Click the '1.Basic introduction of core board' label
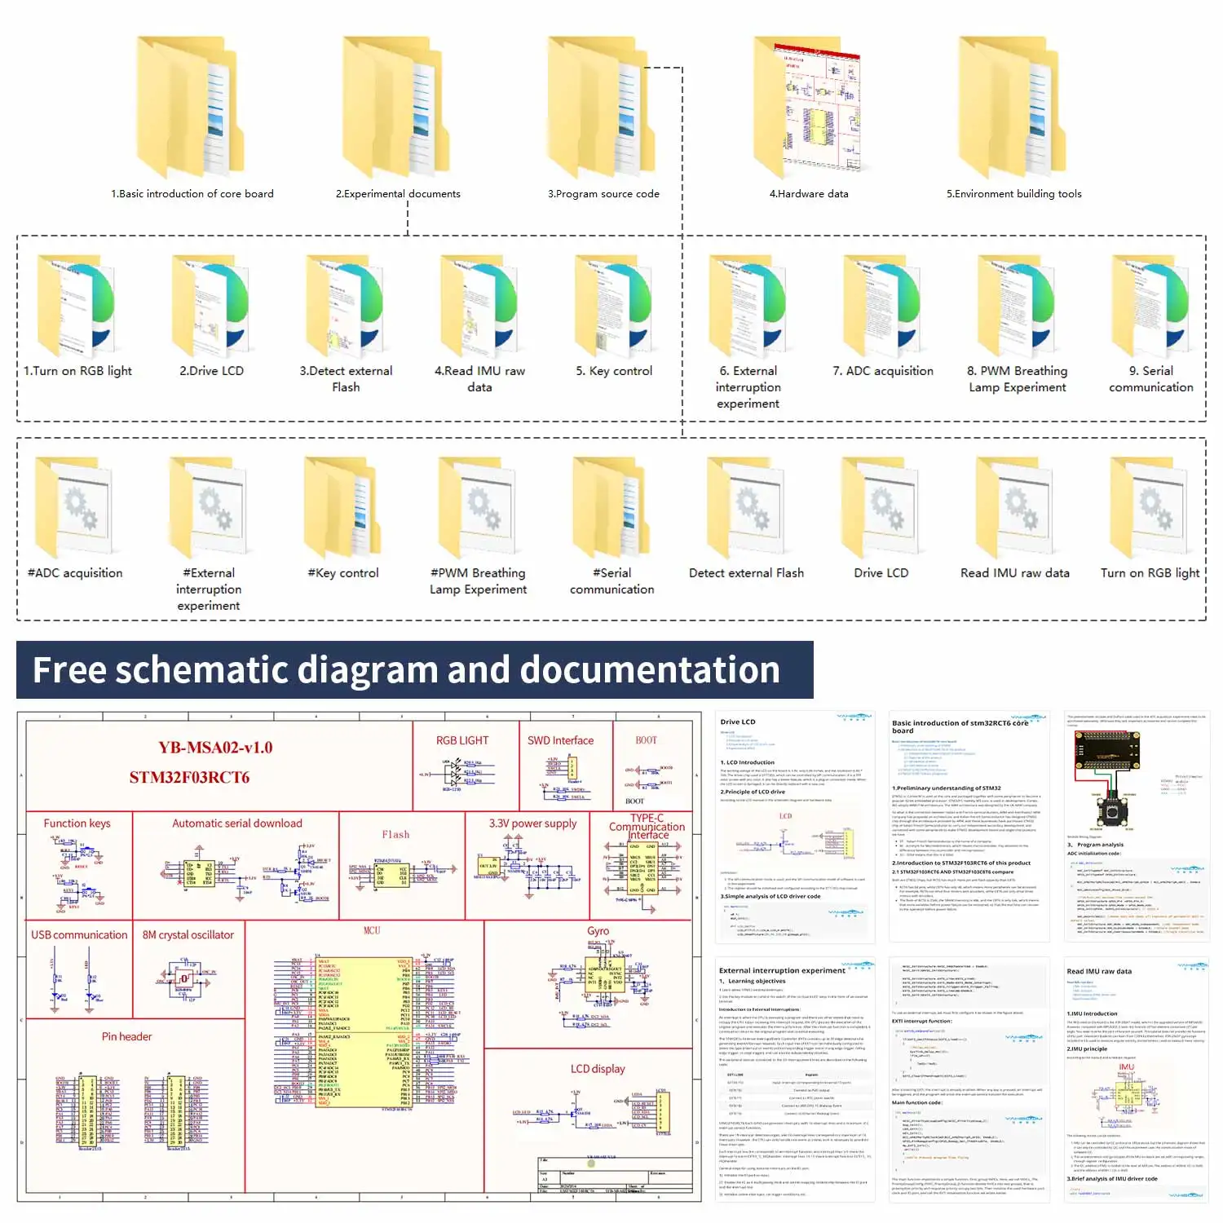point(192,194)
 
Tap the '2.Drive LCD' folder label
point(211,371)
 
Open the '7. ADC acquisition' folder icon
point(883,306)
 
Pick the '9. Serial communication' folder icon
point(1151,306)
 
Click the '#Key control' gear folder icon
point(342,508)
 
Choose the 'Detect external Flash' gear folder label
point(746,573)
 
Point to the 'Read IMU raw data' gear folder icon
point(1014,508)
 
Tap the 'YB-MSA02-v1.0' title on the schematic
point(215,748)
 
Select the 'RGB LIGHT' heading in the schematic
point(462,740)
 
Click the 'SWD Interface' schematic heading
point(560,740)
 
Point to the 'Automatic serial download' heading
point(236,823)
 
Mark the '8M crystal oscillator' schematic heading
point(188,935)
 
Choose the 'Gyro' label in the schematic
point(598,931)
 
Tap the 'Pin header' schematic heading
point(126,1037)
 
